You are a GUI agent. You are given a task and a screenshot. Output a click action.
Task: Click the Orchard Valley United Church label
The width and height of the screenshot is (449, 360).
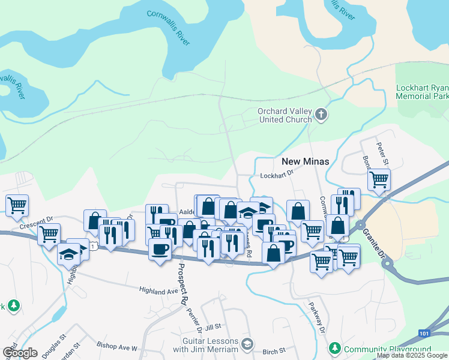285,115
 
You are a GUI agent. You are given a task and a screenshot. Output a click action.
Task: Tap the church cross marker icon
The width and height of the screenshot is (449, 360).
321,114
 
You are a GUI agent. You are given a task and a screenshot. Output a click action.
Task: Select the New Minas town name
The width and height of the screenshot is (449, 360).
304,161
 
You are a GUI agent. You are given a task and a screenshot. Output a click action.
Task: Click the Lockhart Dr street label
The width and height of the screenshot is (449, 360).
276,176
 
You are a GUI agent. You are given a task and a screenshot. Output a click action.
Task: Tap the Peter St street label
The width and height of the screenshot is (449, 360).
382,153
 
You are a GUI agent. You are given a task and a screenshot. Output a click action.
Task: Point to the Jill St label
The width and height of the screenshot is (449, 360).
213,327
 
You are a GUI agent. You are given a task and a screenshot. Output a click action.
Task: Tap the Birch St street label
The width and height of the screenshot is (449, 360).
273,350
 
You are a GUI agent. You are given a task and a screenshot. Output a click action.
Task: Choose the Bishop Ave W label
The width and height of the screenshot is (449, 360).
117,347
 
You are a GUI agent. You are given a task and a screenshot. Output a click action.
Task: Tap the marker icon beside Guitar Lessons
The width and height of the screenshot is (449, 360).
248,344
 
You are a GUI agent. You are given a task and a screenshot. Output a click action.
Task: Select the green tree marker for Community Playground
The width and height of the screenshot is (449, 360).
334,348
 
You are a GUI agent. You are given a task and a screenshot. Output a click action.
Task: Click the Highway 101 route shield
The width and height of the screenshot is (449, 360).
424,332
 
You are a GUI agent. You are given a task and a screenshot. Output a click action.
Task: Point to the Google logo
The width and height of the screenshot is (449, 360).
19,353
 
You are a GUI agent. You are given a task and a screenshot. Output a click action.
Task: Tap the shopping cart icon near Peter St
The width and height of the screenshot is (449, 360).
379,179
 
